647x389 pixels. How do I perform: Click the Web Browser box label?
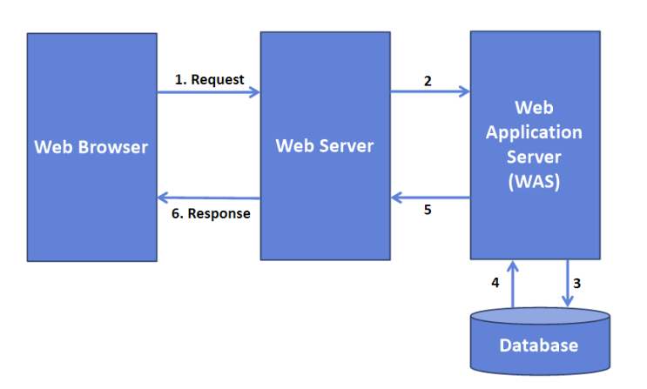pos(91,146)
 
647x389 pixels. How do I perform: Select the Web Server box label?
pos(324,145)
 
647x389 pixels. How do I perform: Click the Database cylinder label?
pos(538,345)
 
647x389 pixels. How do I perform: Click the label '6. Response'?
pos(207,213)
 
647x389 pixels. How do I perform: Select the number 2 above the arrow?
pos(428,81)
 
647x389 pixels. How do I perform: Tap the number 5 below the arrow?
pos(428,211)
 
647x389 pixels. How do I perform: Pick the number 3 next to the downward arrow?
pos(578,284)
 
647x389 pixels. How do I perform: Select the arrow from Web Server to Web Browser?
pos(209,198)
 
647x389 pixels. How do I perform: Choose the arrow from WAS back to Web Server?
pos(430,198)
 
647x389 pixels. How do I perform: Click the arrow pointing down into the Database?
pos(567,283)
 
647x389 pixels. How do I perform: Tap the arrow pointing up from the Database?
pos(514,283)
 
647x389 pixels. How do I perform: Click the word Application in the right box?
pos(535,132)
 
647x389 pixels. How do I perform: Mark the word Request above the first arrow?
pos(218,79)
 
